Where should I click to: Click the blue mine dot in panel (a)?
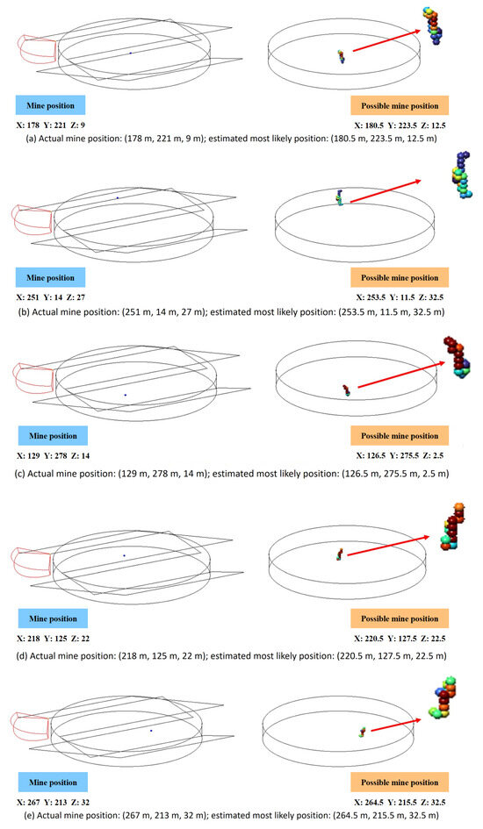tap(131, 53)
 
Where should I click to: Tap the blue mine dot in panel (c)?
tap(126, 395)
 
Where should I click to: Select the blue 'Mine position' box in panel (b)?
tap(50, 277)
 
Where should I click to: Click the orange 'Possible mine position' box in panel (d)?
tap(400, 618)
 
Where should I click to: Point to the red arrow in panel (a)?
tap(386, 40)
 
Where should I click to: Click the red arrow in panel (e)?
tap(396, 725)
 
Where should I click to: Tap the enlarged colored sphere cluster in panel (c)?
tap(457, 357)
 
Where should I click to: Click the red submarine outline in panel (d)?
tap(31, 563)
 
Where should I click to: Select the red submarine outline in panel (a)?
tap(37, 49)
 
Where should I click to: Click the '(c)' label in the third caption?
tap(20, 474)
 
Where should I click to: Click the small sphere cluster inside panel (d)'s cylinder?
tap(340, 554)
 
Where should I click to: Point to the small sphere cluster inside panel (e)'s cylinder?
tap(363, 732)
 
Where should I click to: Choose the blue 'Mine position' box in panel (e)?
tap(53, 783)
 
